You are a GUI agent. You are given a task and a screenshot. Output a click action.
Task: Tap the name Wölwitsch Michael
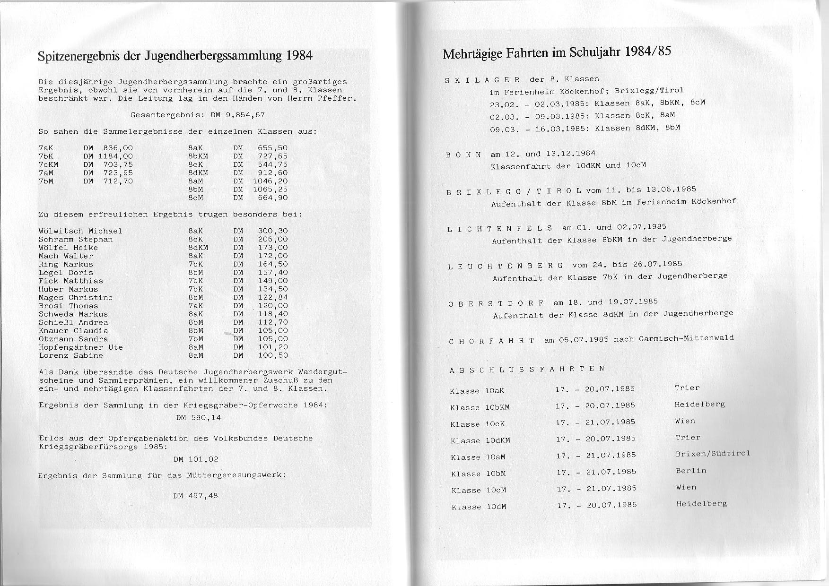[80, 231]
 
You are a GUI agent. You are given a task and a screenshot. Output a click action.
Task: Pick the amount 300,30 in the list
[273, 231]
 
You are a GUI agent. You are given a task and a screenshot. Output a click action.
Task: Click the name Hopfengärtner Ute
[81, 347]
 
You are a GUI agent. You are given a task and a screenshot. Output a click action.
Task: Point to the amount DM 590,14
[198, 418]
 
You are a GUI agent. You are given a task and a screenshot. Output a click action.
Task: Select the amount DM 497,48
[196, 496]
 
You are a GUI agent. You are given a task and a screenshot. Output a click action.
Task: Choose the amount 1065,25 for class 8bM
[270, 190]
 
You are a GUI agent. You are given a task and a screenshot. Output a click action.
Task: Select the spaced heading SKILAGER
[483, 80]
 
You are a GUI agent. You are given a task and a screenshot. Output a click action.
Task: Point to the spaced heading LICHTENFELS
[500, 229]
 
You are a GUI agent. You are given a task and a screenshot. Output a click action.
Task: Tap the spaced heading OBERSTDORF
[496, 303]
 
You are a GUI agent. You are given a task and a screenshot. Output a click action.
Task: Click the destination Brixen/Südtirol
[713, 454]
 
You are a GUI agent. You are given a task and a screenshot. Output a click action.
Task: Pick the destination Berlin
[691, 471]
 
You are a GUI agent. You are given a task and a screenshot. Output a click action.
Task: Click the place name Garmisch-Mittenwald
[686, 338]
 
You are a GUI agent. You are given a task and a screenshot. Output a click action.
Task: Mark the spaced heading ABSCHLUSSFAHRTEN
[527, 369]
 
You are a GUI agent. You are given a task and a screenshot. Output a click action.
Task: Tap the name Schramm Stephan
[76, 240]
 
